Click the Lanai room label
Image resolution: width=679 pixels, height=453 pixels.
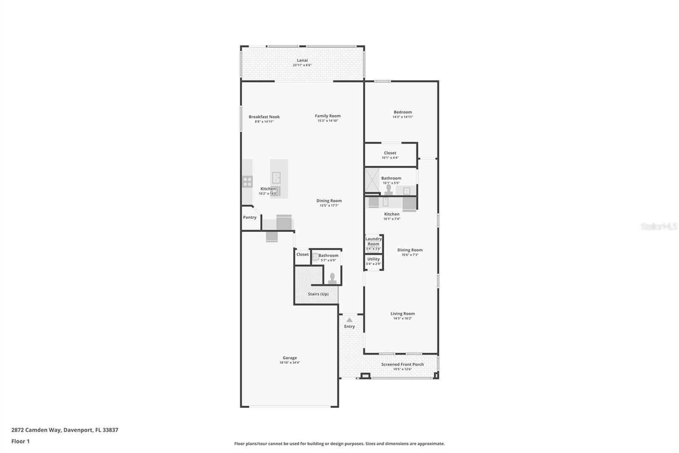pos(302,60)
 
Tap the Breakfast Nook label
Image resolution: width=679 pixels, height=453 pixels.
pos(264,117)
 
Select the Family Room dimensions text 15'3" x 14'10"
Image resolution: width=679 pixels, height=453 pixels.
pos(328,121)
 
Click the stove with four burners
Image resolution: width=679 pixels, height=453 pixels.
pos(247,182)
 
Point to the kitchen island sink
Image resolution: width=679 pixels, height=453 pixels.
pos(276,177)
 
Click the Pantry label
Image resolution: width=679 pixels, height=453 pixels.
pos(250,218)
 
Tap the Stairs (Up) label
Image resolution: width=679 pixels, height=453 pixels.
pos(318,294)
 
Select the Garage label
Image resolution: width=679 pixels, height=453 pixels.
pos(290,358)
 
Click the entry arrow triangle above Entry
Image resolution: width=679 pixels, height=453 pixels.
pos(349,320)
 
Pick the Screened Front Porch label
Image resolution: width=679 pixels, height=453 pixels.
pos(402,365)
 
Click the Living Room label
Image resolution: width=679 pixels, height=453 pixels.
pos(402,314)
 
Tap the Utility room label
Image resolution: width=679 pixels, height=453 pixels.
pos(373,259)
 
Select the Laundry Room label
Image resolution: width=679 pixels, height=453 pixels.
pos(373,241)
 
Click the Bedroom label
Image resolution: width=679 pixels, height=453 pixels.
pos(402,112)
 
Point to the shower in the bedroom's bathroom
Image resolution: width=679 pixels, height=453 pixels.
pos(372,181)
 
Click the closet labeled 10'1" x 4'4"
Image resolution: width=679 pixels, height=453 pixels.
pos(390,155)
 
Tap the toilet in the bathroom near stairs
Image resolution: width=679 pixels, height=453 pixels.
pos(332,279)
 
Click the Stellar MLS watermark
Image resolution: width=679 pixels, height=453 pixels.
pos(659,226)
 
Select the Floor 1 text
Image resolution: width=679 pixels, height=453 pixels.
pos(20,442)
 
